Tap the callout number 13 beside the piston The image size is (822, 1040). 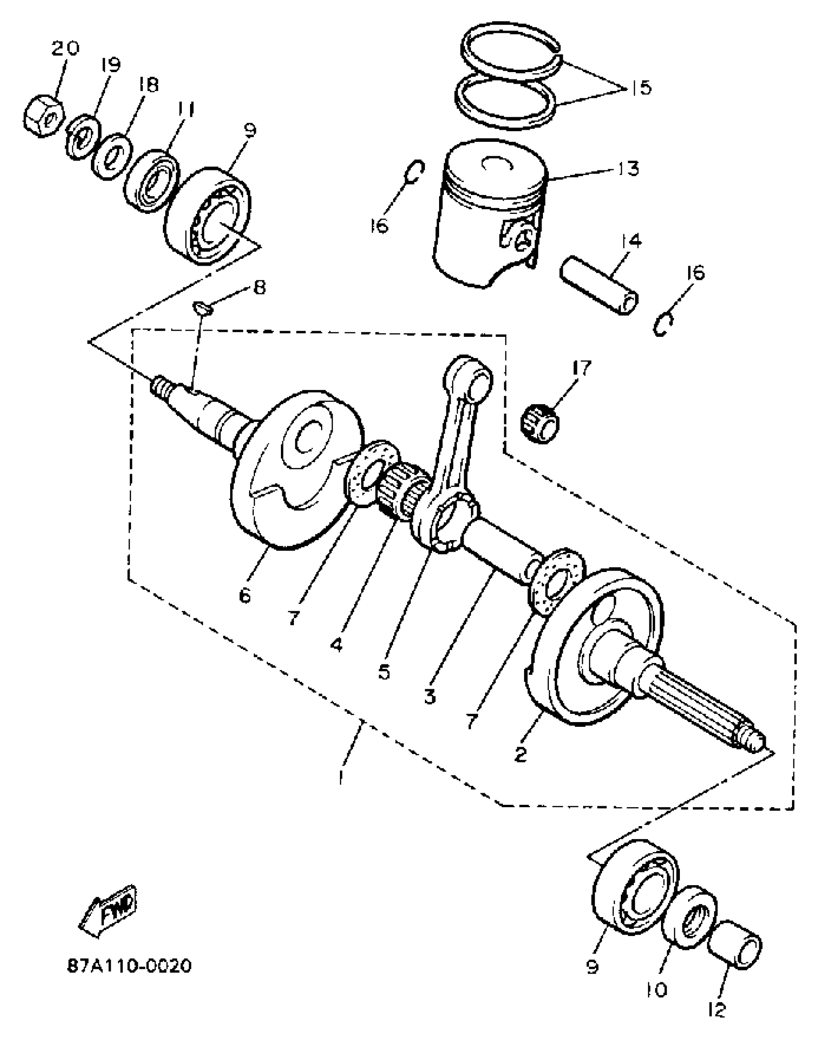[628, 169]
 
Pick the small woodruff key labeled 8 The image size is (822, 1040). [202, 308]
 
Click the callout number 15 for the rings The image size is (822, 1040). [641, 89]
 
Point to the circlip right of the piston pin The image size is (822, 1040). [662, 323]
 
